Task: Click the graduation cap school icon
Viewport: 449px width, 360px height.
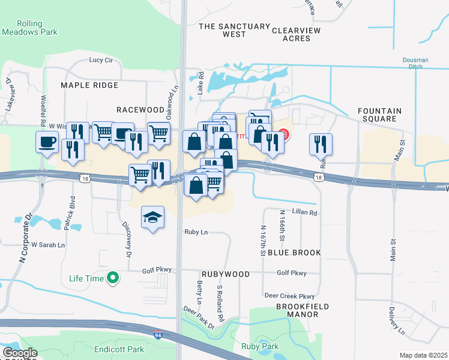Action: (x=152, y=217)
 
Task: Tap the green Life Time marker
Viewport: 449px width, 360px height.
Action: (x=112, y=277)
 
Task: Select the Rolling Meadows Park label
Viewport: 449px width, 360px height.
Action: (x=29, y=28)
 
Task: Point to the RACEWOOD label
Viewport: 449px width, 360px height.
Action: (x=140, y=110)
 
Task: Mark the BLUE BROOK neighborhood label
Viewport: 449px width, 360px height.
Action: (x=294, y=253)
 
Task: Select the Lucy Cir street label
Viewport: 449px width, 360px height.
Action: (x=101, y=60)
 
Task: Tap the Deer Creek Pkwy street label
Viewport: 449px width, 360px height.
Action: (x=289, y=296)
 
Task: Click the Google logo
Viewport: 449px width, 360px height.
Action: (x=20, y=353)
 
